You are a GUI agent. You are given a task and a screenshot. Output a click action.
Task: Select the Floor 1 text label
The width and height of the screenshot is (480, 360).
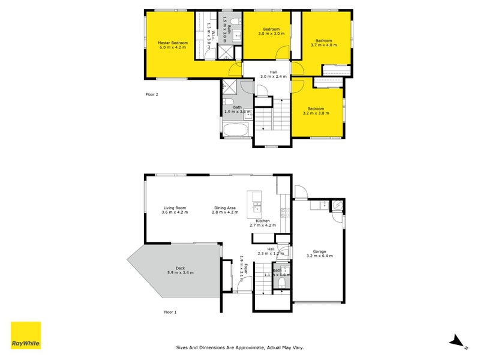[172, 312]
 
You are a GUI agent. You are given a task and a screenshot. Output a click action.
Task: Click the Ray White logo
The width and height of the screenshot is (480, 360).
[26, 335]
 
